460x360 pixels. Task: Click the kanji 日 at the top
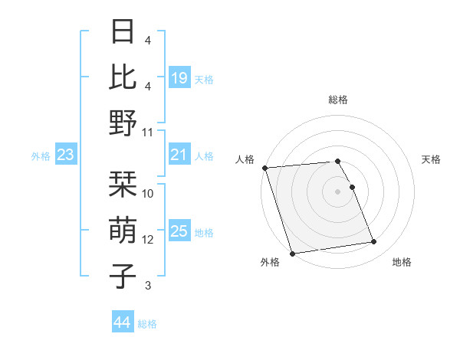point(123,32)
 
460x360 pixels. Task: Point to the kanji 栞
point(123,184)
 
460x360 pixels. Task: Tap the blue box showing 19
point(179,77)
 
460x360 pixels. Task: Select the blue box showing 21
point(179,155)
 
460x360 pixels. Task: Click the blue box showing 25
point(179,232)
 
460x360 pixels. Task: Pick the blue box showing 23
point(66,155)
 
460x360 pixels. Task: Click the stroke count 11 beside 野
point(149,132)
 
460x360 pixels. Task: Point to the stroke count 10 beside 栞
point(149,194)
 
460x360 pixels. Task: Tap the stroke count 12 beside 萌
point(149,239)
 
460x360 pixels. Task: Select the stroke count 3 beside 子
point(148,286)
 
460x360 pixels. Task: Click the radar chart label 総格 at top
point(337,100)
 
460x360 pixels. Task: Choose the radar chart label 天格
point(431,159)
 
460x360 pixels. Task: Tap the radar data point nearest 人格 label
point(264,168)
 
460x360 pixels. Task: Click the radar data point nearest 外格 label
point(292,254)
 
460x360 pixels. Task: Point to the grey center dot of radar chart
point(337,191)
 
